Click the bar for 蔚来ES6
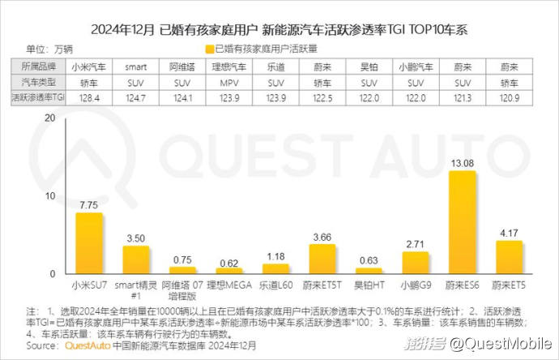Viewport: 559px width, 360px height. click(x=463, y=222)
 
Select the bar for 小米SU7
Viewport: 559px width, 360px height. click(x=89, y=243)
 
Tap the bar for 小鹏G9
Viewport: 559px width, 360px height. click(x=416, y=263)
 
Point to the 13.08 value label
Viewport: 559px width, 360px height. click(x=463, y=163)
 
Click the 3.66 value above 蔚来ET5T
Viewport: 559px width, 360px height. click(x=322, y=237)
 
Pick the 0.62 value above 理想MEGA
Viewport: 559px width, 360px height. click(x=229, y=262)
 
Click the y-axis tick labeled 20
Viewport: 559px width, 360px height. click(x=49, y=118)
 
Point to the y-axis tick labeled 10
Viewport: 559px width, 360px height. click(x=49, y=196)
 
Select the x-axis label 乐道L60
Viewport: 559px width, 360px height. click(x=275, y=285)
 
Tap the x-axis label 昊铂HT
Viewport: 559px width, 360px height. click(x=369, y=285)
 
